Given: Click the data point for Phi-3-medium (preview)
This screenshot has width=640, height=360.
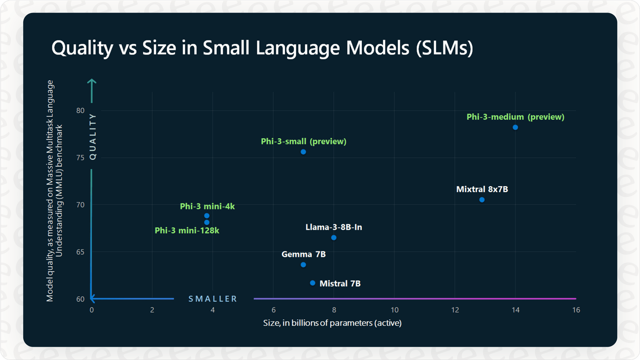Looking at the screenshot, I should (515, 127).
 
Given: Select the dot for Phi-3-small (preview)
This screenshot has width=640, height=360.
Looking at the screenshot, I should (303, 152).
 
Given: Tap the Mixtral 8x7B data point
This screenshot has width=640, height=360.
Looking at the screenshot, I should (482, 200).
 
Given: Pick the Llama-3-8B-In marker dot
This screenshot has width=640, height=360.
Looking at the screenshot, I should (334, 237).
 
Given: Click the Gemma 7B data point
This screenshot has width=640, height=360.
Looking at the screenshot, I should (303, 264).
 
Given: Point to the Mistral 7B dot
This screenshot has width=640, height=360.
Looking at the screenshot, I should (313, 283).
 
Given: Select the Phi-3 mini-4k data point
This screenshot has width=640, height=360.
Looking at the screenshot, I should (207, 216).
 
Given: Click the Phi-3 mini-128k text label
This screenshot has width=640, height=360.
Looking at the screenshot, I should (187, 230).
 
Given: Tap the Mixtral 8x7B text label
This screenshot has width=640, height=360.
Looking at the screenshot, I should (482, 189).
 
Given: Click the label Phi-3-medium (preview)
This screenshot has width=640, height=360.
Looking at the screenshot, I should (515, 117).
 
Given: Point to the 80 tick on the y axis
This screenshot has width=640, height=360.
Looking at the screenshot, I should (80, 110).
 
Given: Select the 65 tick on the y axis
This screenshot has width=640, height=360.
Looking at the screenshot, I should (80, 252).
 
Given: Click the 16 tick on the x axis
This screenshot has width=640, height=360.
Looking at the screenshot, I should (576, 310).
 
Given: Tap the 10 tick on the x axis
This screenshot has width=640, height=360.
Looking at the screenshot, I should (394, 310).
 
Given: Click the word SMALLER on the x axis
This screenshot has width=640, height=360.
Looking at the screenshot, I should (213, 299).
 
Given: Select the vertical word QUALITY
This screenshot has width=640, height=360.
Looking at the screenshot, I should (93, 136).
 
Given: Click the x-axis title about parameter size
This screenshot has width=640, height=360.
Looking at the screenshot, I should (332, 323).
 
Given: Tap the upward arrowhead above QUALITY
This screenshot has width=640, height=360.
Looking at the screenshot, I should (92, 82).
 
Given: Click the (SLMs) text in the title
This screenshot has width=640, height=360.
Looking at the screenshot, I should (444, 48).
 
